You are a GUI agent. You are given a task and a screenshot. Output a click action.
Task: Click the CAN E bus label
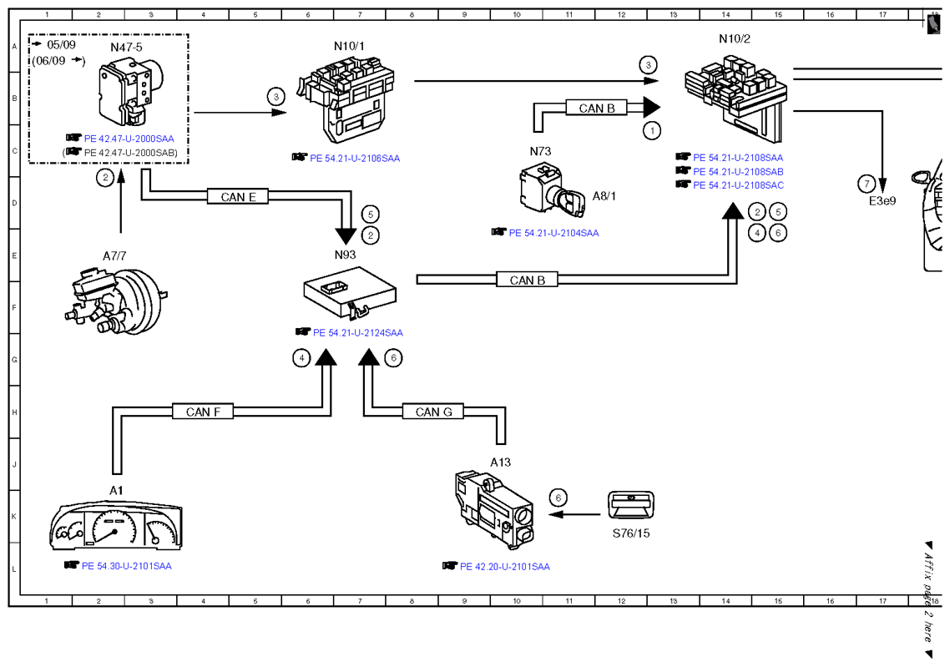click(237, 197)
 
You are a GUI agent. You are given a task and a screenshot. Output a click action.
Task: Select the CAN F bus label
click(203, 412)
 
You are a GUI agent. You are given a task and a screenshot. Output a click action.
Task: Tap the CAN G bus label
click(433, 412)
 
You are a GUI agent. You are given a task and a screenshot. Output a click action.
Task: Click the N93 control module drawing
click(350, 292)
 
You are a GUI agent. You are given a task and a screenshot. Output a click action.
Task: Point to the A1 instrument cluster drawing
click(116, 524)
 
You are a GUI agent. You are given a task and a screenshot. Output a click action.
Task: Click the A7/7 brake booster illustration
click(116, 300)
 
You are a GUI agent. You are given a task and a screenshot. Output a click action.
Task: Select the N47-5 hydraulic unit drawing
click(131, 91)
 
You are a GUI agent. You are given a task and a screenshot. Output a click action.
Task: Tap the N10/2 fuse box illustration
click(736, 97)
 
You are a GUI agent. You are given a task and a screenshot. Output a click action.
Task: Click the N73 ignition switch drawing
click(552, 191)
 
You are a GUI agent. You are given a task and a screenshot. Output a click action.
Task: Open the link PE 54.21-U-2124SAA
click(357, 332)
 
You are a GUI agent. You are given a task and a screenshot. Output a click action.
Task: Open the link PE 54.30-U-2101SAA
click(127, 566)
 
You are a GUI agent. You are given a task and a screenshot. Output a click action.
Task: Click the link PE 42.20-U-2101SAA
click(505, 567)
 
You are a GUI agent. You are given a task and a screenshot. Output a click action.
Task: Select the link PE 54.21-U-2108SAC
click(738, 185)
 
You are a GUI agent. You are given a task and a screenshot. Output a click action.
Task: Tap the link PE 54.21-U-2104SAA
click(553, 233)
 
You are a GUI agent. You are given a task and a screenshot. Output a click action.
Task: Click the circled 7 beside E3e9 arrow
click(867, 183)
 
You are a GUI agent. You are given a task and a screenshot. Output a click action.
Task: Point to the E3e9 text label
click(882, 201)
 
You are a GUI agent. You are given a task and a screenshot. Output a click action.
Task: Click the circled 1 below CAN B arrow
click(652, 130)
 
